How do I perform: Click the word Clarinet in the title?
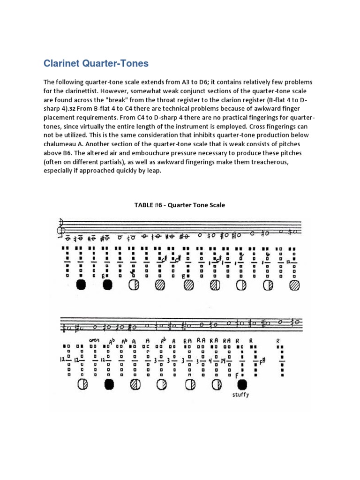point(61,63)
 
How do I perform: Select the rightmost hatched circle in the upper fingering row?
point(294,285)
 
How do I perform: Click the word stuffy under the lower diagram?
point(240,395)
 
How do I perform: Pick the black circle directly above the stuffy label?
point(242,384)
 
